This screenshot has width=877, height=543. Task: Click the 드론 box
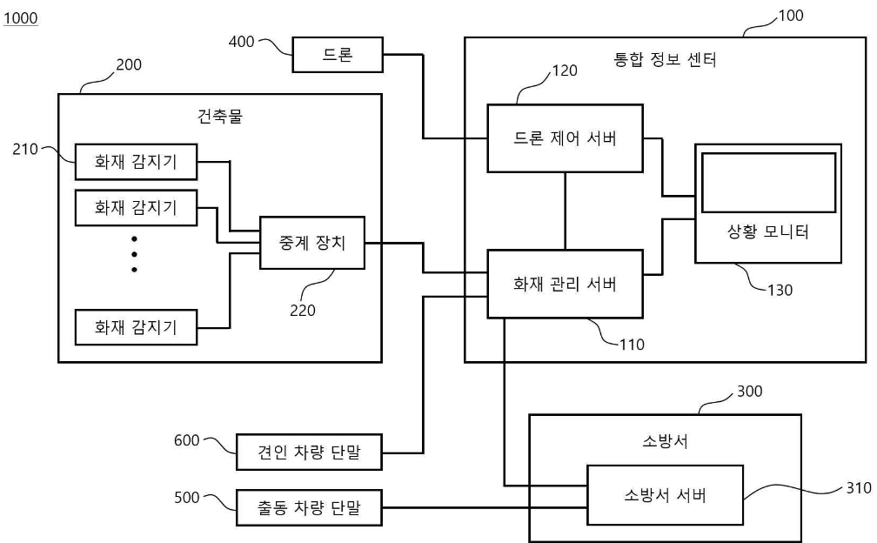pos(338,55)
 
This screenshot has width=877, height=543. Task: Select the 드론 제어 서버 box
pos(565,138)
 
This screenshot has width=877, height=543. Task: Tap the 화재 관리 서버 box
pos(565,284)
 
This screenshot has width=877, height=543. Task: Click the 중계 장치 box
pos(312,243)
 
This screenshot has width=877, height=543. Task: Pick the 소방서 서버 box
pos(665,495)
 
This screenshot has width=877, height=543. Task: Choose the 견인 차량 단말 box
pos(310,452)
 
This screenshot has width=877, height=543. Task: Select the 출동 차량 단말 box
pos(310,508)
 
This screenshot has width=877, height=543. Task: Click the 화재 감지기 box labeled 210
pos(136,162)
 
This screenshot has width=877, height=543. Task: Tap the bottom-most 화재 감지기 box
pos(136,327)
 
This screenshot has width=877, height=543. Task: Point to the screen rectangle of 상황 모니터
pos(768,183)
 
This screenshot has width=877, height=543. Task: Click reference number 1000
pos(21,18)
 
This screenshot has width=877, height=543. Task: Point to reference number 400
pos(242,42)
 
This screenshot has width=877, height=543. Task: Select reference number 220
pos(303,311)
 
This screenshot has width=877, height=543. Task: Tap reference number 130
pos(780,291)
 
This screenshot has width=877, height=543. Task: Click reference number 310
pos(859,488)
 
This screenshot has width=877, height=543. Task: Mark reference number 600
pos(187,440)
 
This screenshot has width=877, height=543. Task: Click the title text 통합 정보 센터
pos(665,59)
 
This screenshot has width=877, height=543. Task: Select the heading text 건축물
pos(220,117)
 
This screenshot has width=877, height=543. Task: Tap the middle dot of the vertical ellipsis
pos(134,254)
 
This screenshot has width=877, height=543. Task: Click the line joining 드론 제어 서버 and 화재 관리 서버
pos(565,211)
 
